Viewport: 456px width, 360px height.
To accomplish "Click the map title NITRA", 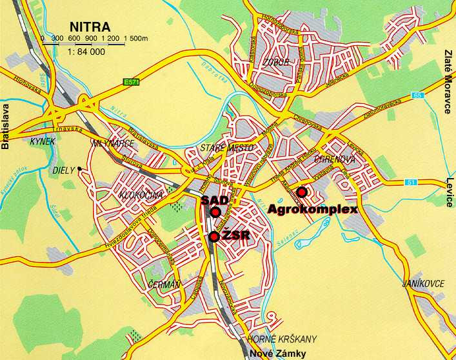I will [90, 27].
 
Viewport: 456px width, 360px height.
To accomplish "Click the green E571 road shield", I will [132, 82].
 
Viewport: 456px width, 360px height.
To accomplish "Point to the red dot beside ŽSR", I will [214, 237].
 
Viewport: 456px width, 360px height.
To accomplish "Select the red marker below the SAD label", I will [215, 212].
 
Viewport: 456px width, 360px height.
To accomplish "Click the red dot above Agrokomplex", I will [301, 191].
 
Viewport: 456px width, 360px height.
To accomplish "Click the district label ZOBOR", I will [275, 63].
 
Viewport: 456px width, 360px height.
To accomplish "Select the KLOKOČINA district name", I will [138, 194].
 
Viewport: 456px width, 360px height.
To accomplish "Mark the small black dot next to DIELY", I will [79, 169].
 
